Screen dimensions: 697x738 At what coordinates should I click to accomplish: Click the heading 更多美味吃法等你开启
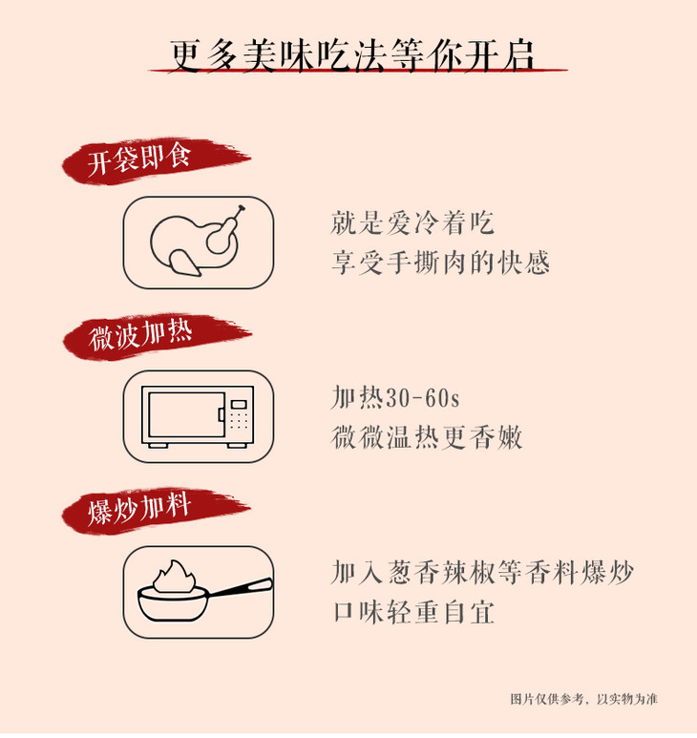(351, 56)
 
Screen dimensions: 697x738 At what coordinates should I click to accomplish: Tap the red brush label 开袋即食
(156, 160)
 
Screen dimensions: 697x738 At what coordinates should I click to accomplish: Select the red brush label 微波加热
(157, 336)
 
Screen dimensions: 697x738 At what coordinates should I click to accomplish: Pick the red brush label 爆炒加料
(156, 511)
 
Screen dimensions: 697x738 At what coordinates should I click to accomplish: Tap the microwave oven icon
(198, 417)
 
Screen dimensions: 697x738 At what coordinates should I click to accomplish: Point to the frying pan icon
(204, 594)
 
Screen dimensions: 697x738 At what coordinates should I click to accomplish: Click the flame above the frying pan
(174, 577)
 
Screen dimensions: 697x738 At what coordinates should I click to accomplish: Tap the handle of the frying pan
(240, 588)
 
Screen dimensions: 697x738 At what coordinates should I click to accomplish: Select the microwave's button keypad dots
(239, 421)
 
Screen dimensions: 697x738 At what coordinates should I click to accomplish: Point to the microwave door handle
(221, 414)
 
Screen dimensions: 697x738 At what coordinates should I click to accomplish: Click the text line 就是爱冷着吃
(412, 223)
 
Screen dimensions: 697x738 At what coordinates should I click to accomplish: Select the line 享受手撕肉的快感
(440, 263)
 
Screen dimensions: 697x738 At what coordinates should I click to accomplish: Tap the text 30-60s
(423, 398)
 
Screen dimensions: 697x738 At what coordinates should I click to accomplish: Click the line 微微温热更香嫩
(427, 436)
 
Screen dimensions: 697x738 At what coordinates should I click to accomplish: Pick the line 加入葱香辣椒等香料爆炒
(483, 573)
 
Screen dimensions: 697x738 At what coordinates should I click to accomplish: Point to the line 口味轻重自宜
(413, 612)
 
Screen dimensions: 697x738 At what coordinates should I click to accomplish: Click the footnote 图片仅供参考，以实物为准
(584, 699)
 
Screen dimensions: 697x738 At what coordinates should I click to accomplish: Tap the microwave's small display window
(239, 404)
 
